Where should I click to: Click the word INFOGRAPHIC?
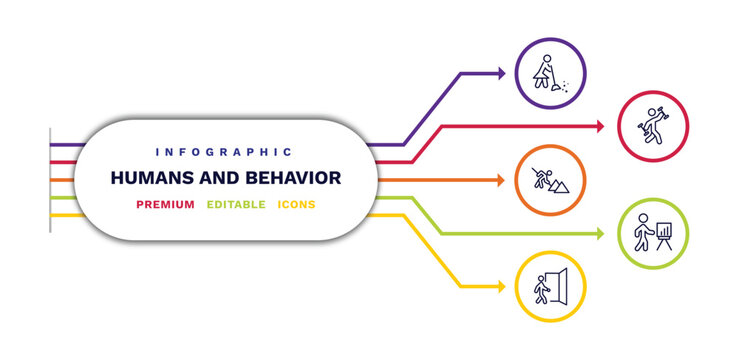224,152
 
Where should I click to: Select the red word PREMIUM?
166,205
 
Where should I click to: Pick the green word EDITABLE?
236,205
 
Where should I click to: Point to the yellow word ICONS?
297,205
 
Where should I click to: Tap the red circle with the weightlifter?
655,127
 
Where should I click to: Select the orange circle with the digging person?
550,181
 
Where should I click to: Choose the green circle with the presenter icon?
655,234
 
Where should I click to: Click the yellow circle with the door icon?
550,287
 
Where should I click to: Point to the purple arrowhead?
501,73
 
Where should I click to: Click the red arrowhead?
601,127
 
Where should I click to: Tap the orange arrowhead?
501,181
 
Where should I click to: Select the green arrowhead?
601,234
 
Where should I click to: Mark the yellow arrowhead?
501,287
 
